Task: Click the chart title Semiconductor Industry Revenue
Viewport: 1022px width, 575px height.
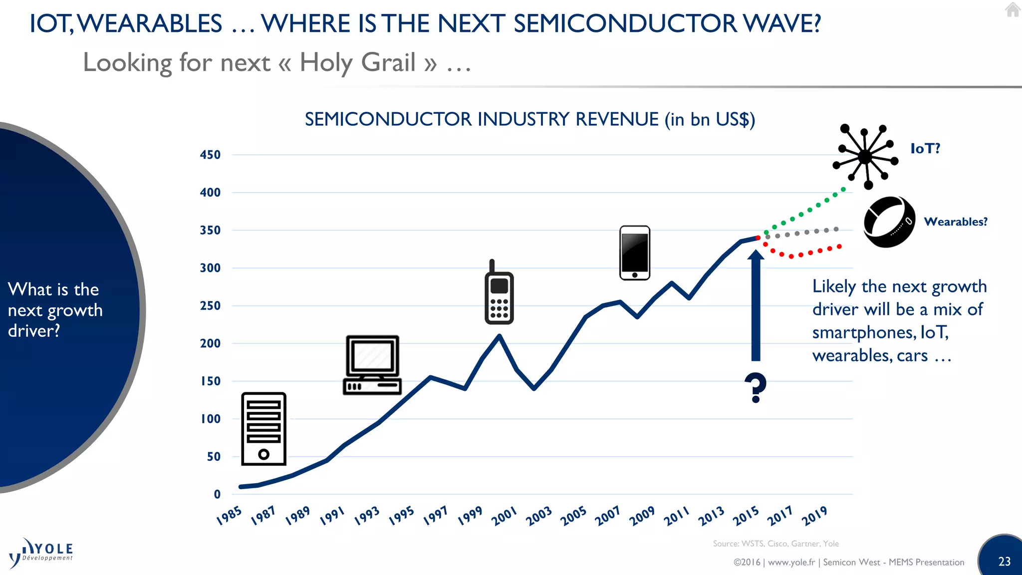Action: coord(529,119)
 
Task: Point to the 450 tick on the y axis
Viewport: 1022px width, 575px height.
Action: coord(210,155)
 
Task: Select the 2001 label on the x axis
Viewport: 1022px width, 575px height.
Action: coord(504,516)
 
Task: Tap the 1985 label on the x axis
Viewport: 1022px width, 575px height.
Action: coord(229,516)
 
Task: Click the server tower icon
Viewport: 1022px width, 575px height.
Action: coord(263,429)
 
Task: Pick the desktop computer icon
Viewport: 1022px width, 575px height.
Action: coord(372,365)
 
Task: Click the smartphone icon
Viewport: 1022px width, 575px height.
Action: coord(634,253)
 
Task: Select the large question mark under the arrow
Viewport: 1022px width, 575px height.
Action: coord(756,387)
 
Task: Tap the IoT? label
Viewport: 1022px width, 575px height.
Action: coord(925,148)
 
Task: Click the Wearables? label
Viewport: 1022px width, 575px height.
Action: coord(955,222)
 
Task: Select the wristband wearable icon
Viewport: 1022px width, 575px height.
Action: coord(889,222)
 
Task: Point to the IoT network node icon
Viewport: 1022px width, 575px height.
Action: coord(865,157)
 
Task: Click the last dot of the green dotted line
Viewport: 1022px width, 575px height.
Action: coord(843,189)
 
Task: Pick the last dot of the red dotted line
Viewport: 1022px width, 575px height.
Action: coord(839,246)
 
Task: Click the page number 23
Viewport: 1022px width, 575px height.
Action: coord(1004,562)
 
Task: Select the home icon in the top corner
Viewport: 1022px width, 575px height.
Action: coord(1013,9)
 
